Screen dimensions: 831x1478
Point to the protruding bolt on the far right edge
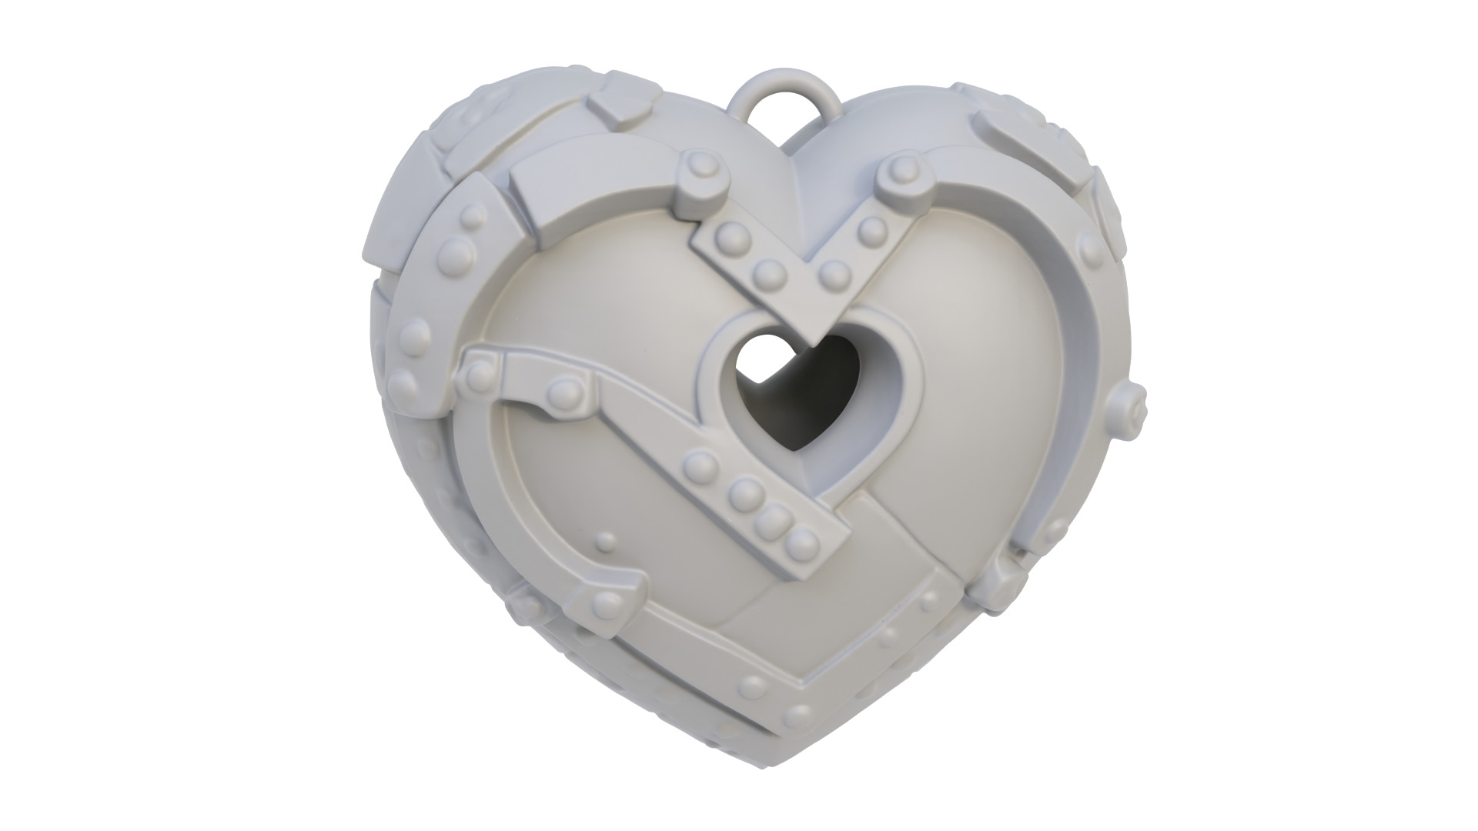pos(1132,399)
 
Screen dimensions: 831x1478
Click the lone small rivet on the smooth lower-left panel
pos(608,543)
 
